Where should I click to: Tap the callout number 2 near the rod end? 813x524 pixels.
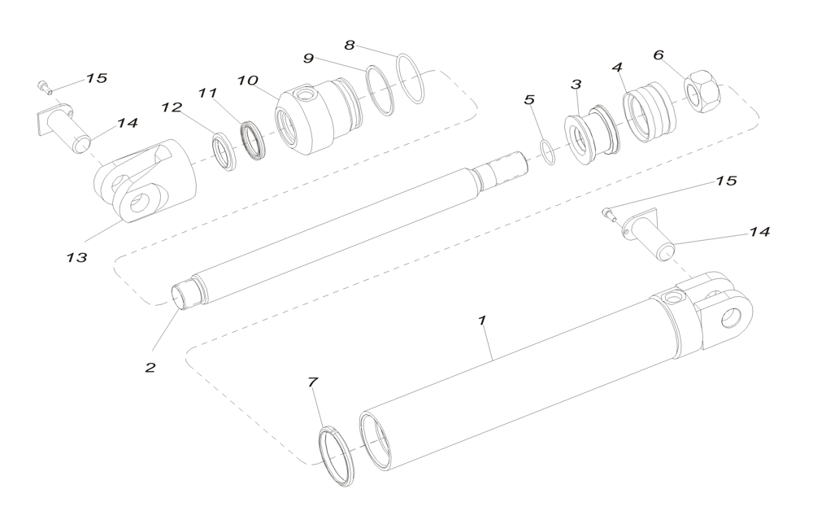[x=150, y=367]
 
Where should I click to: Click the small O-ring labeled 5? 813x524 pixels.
[x=550, y=152]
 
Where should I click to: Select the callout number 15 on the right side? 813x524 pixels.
[x=726, y=181]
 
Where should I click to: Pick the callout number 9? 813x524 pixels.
[x=309, y=59]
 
